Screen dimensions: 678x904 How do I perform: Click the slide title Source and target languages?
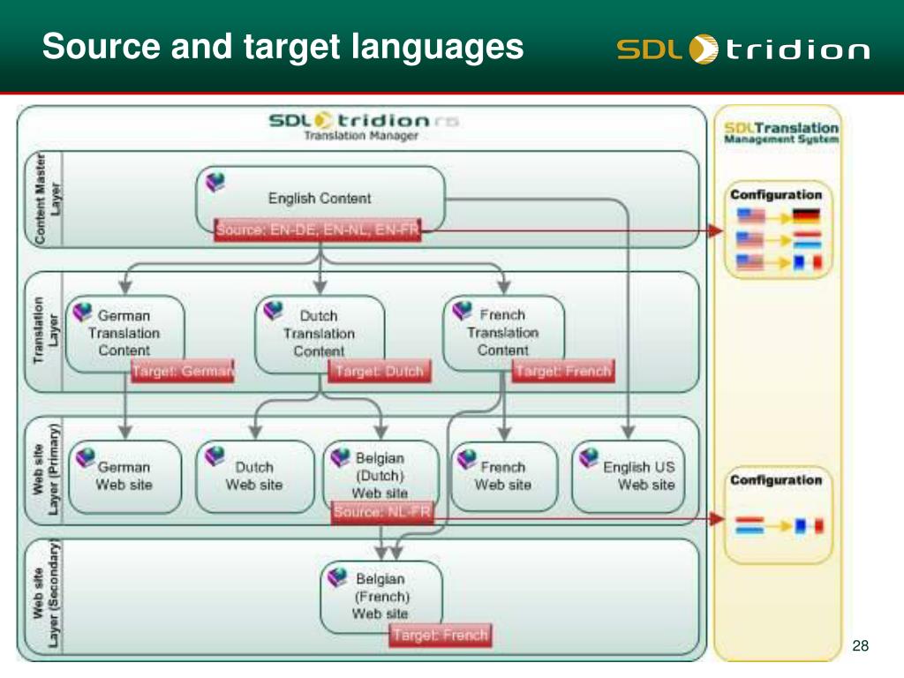click(282, 46)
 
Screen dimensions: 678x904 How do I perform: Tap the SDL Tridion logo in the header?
click(742, 49)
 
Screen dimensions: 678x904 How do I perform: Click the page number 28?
click(861, 646)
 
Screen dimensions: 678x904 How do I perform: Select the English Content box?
click(320, 199)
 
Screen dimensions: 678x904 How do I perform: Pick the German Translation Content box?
click(124, 333)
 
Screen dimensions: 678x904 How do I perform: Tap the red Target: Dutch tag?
click(380, 372)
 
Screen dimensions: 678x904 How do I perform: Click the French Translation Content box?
click(503, 332)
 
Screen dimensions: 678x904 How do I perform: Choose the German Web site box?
click(124, 476)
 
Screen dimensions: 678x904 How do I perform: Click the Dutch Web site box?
click(254, 476)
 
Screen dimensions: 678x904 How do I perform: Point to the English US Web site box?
click(628, 476)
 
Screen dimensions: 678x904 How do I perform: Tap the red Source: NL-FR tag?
click(382, 513)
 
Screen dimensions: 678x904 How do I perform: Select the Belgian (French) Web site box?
click(380, 596)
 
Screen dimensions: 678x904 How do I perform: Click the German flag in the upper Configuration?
click(807, 215)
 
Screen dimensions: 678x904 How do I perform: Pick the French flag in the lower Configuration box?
click(808, 526)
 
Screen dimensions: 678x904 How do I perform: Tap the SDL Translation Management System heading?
click(781, 133)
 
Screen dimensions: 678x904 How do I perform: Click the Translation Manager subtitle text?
click(361, 136)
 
